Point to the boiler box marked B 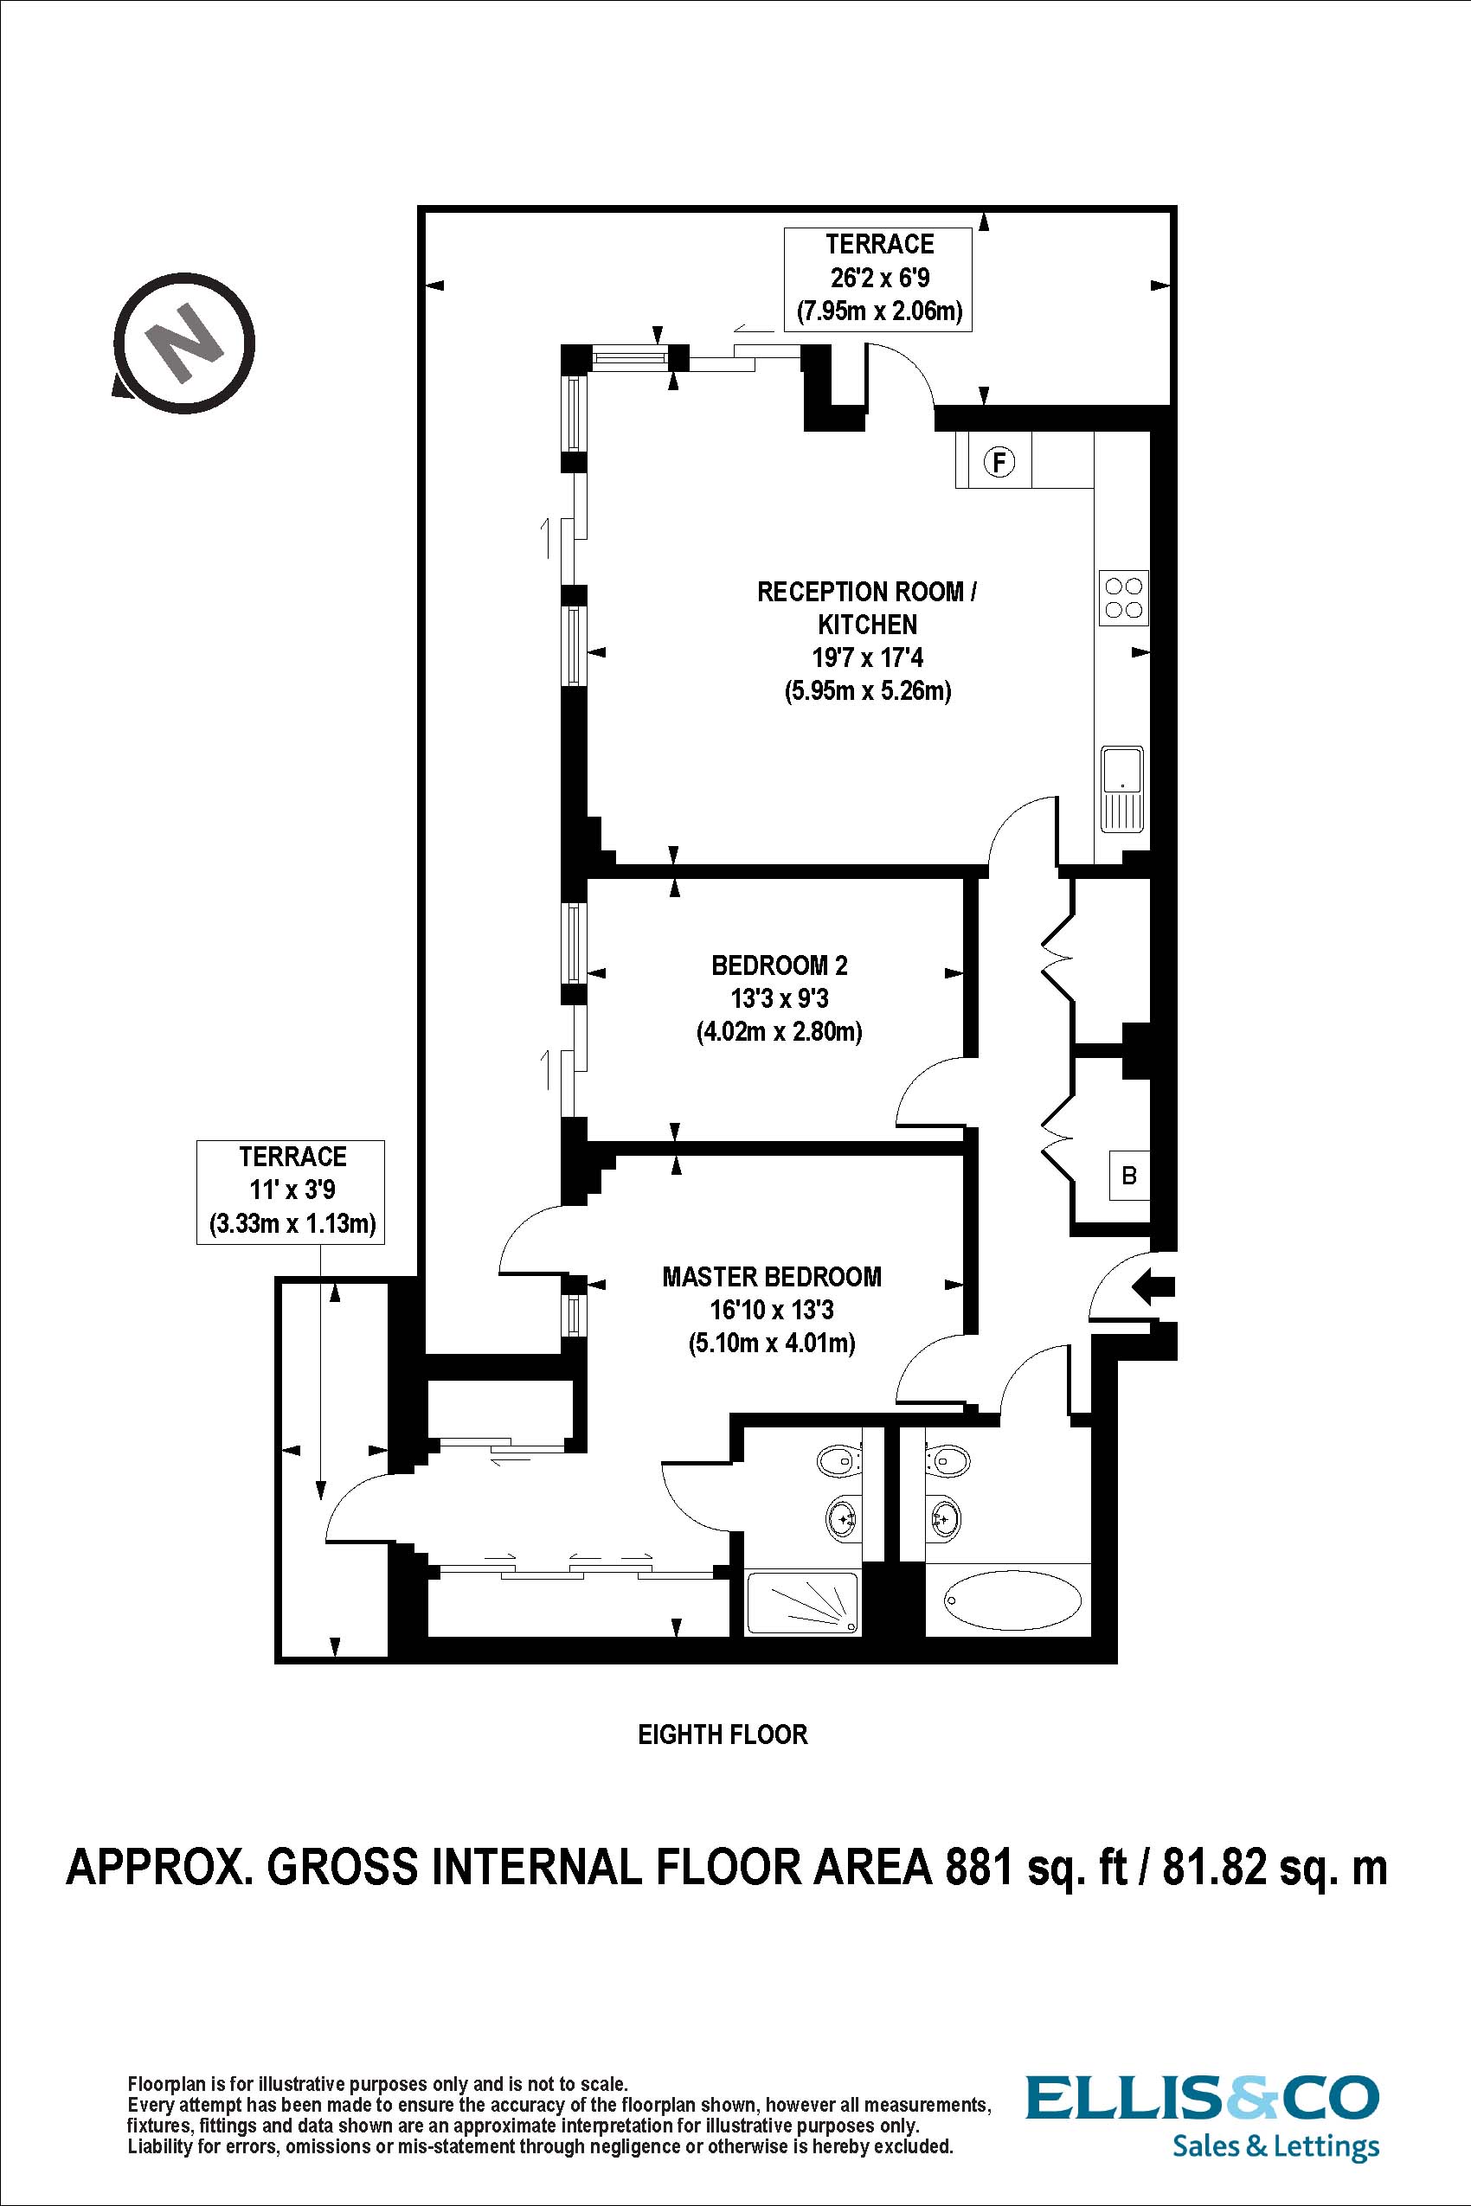pyautogui.click(x=1129, y=1174)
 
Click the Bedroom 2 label pyautogui.click(x=779, y=965)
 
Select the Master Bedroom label pyautogui.click(x=771, y=1277)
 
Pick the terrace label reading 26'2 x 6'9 pyautogui.click(x=879, y=278)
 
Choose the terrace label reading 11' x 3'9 pyautogui.click(x=292, y=1190)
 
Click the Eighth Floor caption pyautogui.click(x=723, y=1735)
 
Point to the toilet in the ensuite pyautogui.click(x=839, y=1459)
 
